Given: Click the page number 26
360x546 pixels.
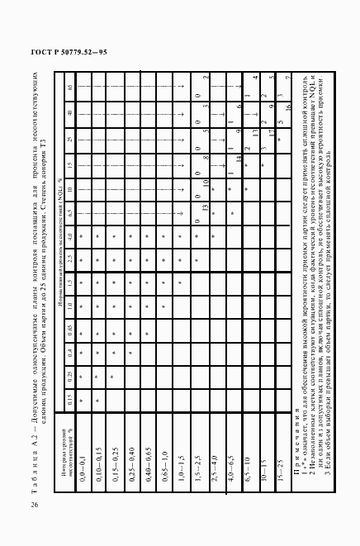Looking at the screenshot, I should (x=32, y=505).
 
